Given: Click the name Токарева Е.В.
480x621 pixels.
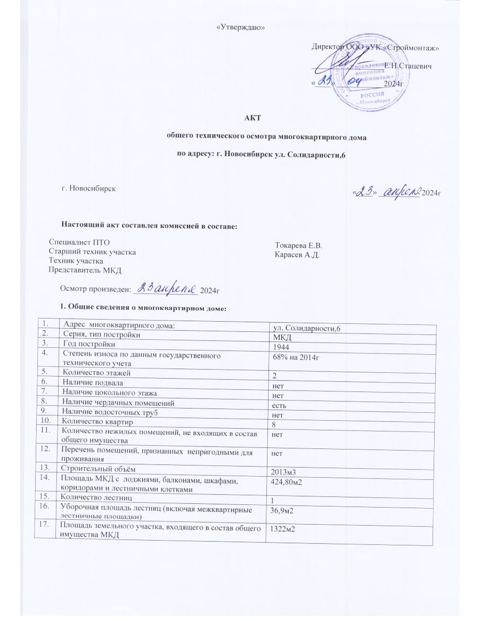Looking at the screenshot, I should tap(299, 246).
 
